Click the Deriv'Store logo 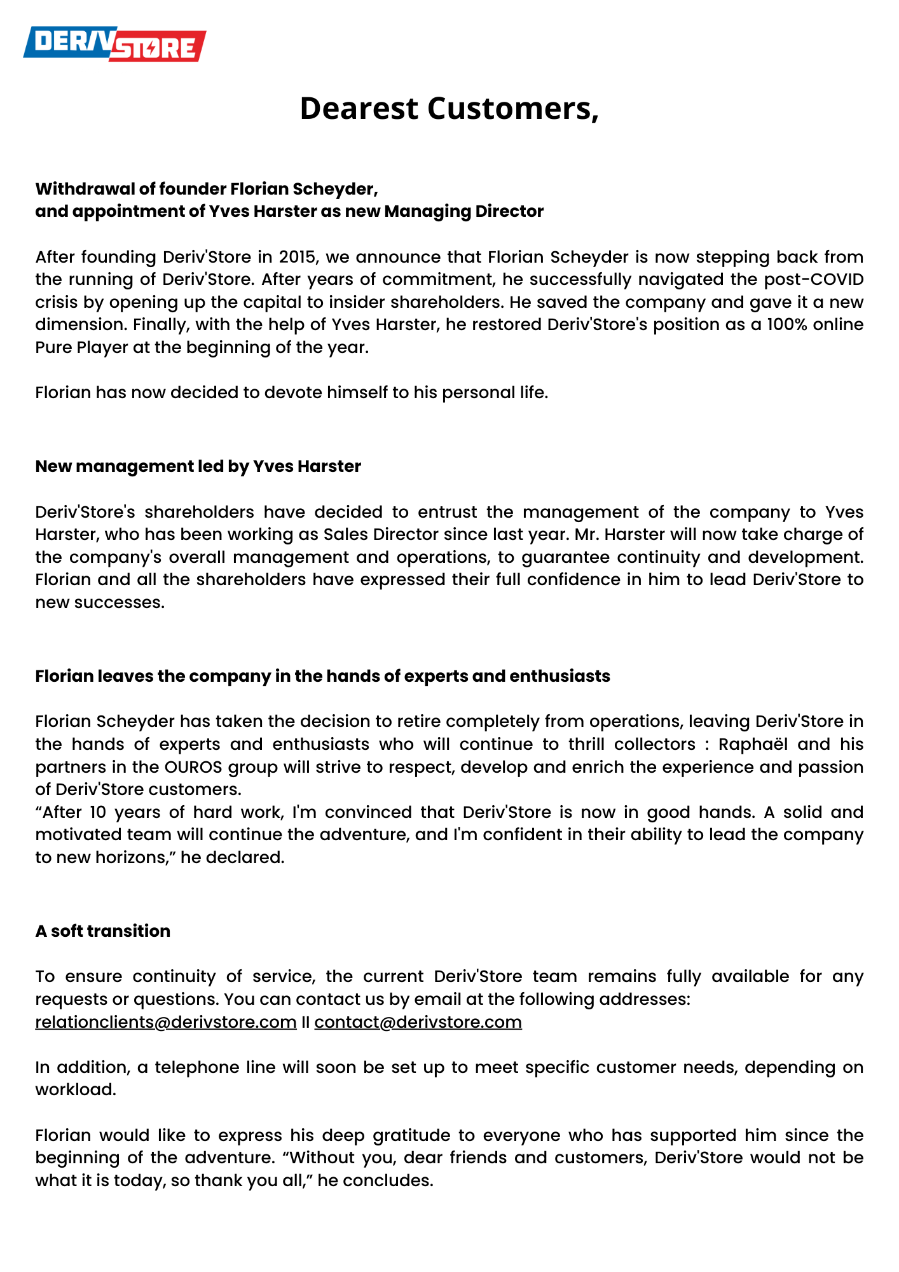click(x=115, y=44)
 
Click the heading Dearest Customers click(x=449, y=108)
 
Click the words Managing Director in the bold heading click(x=463, y=211)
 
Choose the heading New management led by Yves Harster click(x=198, y=466)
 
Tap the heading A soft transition click(x=102, y=931)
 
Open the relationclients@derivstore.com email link click(x=166, y=1022)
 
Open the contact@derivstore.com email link click(x=418, y=1022)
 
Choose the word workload click(x=76, y=1089)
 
